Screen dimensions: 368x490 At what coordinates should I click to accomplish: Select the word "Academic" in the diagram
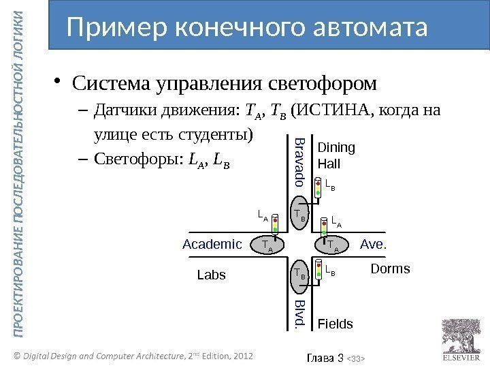tap(212, 243)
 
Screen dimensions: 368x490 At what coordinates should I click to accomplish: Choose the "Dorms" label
tap(390, 269)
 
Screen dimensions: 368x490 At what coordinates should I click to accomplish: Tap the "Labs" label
tap(210, 275)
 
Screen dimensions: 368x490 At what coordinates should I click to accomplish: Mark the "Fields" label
tap(336, 324)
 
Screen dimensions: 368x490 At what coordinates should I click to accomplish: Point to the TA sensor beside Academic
tap(267, 245)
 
